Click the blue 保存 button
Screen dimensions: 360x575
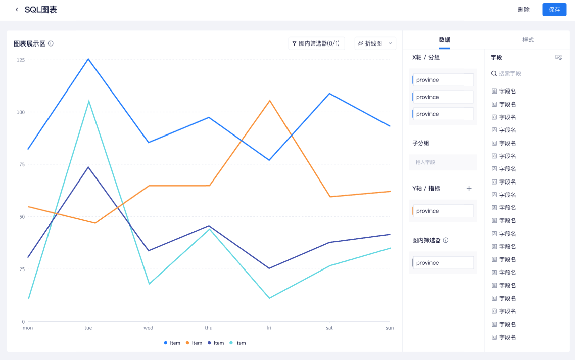[x=554, y=10]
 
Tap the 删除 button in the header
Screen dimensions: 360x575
[x=523, y=10]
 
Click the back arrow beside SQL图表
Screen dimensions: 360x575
[x=17, y=10]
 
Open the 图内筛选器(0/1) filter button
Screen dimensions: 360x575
[x=316, y=43]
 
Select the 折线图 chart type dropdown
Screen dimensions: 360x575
[x=375, y=43]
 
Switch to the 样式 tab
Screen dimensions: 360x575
[x=528, y=40]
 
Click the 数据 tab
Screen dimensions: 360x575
[x=444, y=40]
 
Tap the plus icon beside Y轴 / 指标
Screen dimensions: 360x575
[x=469, y=188]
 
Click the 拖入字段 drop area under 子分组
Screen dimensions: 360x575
[x=443, y=162]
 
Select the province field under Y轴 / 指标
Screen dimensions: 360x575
[x=443, y=211]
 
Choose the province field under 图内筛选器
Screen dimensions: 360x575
[x=443, y=263]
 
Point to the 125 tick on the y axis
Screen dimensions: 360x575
[x=21, y=60]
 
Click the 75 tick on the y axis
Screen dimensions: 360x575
[x=22, y=164]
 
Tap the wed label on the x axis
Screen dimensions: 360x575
[x=148, y=328]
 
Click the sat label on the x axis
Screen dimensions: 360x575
[x=329, y=328]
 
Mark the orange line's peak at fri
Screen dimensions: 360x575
[x=270, y=101]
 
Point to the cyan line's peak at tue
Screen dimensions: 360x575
[x=89, y=101]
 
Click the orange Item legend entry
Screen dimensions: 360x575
[x=194, y=343]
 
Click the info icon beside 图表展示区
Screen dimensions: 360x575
[x=51, y=43]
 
